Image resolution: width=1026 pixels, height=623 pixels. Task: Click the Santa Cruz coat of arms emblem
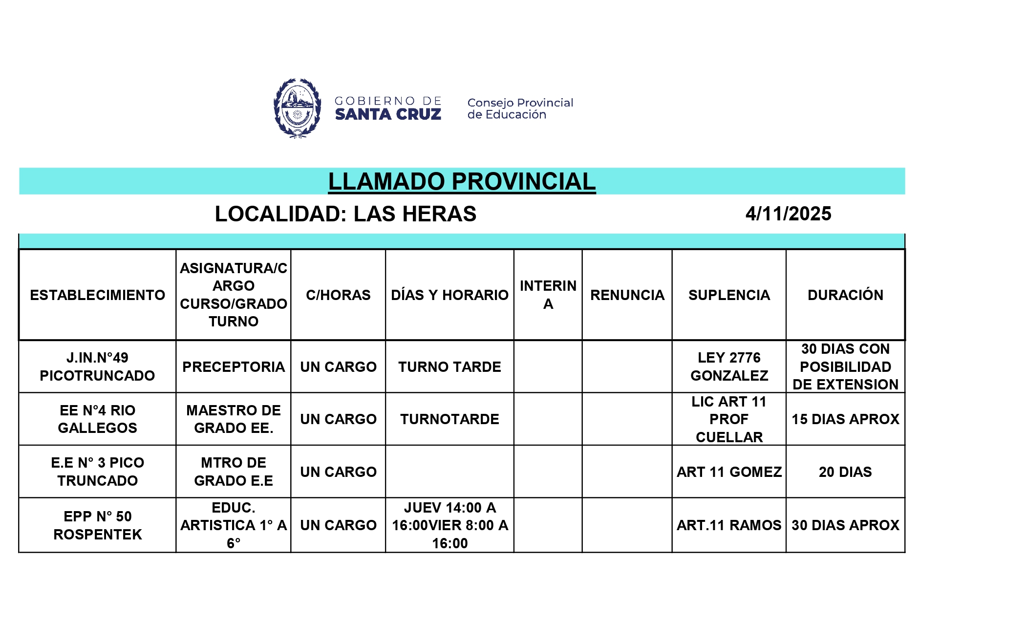pos(297,108)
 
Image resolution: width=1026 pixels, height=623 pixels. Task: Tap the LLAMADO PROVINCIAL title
pos(462,181)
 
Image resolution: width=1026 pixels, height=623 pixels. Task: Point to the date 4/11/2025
pos(788,214)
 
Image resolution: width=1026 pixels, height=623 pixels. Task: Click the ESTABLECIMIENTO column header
pos(98,295)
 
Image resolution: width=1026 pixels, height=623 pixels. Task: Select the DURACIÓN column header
pos(845,295)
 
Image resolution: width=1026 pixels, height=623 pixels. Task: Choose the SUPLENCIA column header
pos(729,295)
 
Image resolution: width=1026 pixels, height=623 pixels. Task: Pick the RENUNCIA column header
pos(627,295)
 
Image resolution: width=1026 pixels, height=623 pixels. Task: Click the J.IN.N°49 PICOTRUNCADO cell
pos(98,366)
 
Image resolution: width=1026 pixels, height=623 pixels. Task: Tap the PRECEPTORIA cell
pos(234,367)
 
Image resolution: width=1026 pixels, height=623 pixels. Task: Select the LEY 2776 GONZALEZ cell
pos(729,366)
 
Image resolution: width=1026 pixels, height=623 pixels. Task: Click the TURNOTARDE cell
pos(449,419)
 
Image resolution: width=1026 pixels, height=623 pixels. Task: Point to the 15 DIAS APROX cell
pos(845,419)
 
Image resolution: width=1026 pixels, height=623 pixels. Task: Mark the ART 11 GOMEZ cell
pos(729,472)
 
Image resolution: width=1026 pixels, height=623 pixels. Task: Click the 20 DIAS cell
pos(845,472)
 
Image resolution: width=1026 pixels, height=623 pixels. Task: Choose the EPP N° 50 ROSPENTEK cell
pos(98,525)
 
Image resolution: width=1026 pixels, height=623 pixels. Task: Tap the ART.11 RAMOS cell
pos(729,525)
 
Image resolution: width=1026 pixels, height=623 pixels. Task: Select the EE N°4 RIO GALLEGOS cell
pos(98,419)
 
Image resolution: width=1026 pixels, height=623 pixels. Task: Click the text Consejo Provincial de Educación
pos(520,108)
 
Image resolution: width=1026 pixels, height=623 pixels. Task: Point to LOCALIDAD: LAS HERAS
pos(345,214)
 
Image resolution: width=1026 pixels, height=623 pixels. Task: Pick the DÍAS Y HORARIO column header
pos(449,295)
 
